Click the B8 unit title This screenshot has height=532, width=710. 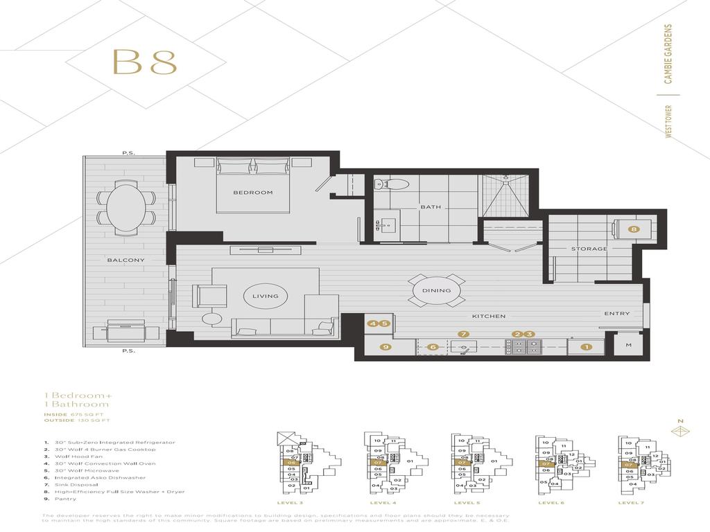click(144, 62)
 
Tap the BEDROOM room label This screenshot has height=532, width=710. click(252, 193)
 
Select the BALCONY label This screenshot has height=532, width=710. click(125, 260)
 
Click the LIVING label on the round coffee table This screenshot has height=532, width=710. click(265, 296)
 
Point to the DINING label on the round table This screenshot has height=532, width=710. click(436, 291)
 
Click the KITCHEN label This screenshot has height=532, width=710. click(488, 316)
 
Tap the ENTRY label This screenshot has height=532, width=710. click(616, 314)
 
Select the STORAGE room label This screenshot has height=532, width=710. click(589, 249)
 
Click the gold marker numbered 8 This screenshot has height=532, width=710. click(632, 229)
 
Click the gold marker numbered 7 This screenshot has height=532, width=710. click(463, 335)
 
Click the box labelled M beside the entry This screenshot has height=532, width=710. click(628, 345)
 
